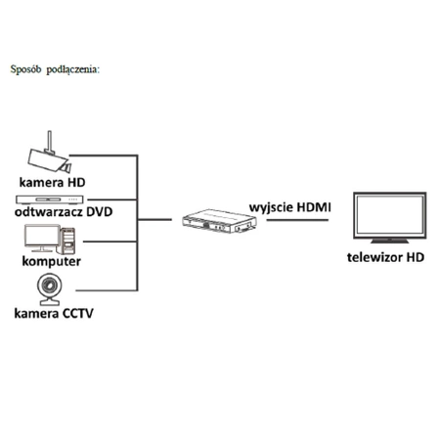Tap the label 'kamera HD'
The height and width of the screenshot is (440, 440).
[x=52, y=183]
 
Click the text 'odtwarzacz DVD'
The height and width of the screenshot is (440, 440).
[x=60, y=212]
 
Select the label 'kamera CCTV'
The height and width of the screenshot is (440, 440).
[x=55, y=315]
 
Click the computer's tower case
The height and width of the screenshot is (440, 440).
[x=70, y=240]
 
